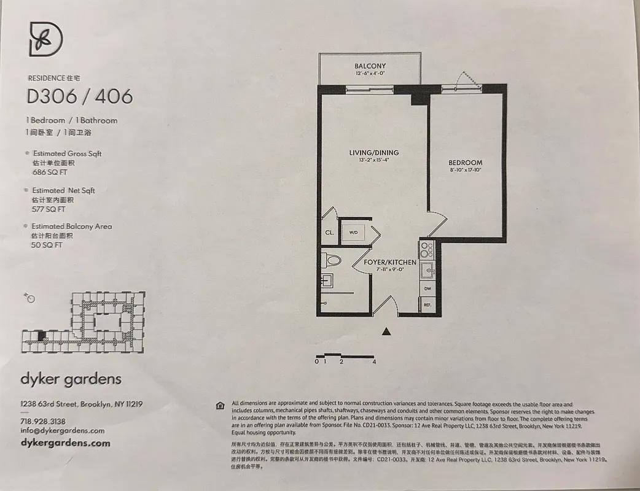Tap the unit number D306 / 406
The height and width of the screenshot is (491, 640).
pyautogui.click(x=79, y=97)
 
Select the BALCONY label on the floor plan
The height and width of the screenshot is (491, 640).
pyautogui.click(x=370, y=66)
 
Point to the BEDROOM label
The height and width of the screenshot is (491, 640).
pyautogui.click(x=464, y=163)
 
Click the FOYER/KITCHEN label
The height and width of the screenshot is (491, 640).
pyautogui.click(x=390, y=262)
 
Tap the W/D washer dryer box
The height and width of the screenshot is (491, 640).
pyautogui.click(x=354, y=233)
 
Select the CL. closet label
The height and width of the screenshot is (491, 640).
pyautogui.click(x=329, y=233)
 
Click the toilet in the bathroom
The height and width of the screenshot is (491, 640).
pyautogui.click(x=332, y=260)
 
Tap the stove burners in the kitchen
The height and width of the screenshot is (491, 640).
pyautogui.click(x=427, y=249)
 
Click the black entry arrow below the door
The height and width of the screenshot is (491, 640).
pyautogui.click(x=386, y=332)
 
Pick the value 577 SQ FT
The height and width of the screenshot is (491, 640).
pyautogui.click(x=48, y=209)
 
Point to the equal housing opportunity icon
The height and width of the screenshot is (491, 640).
pyautogui.click(x=220, y=406)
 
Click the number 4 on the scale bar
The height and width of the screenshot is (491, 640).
pyautogui.click(x=374, y=362)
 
